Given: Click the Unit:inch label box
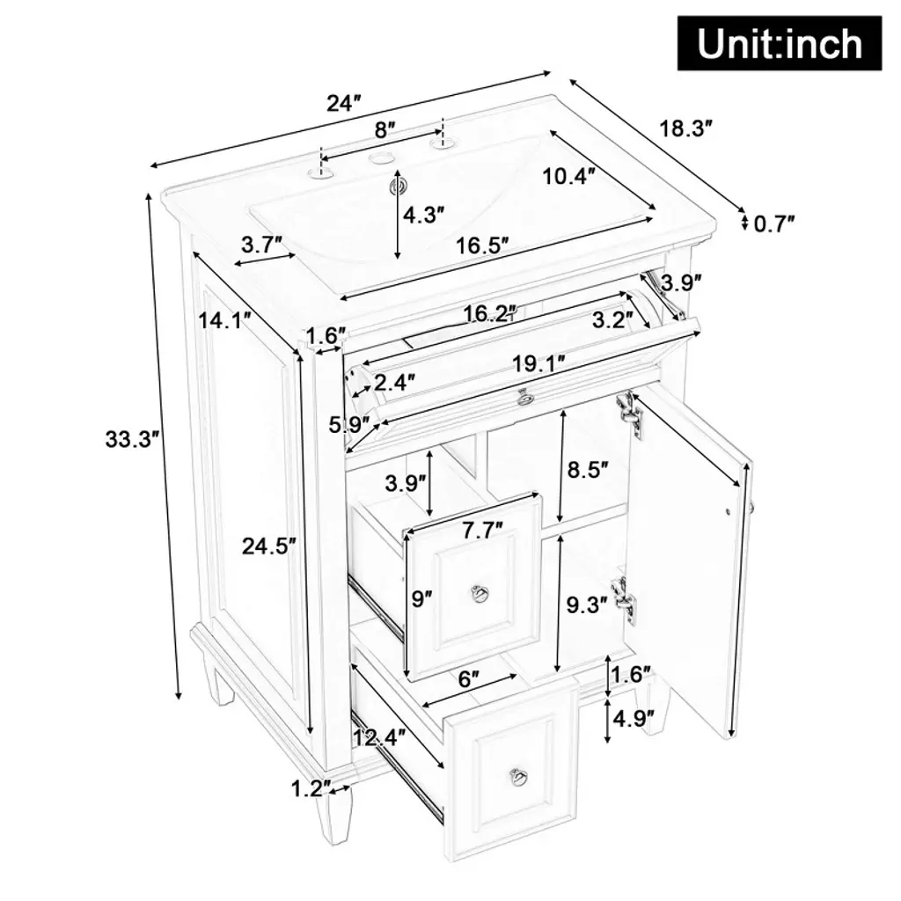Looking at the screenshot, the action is pos(780,44).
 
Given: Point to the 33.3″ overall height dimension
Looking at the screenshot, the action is pos(132,439).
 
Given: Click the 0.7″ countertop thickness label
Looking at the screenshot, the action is pos(773,223).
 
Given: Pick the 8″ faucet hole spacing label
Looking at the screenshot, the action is pos(385,130).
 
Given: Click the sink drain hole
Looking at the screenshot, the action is pos(397,186).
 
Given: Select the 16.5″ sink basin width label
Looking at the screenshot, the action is pos(482,245).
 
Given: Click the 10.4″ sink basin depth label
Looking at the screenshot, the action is pos(568,176).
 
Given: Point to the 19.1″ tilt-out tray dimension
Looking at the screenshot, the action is pos(538,363).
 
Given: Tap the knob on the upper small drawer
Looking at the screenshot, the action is pos(478,592).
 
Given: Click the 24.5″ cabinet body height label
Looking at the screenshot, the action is pos(268,546).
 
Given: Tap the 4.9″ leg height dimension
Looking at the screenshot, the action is pos(633,718).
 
